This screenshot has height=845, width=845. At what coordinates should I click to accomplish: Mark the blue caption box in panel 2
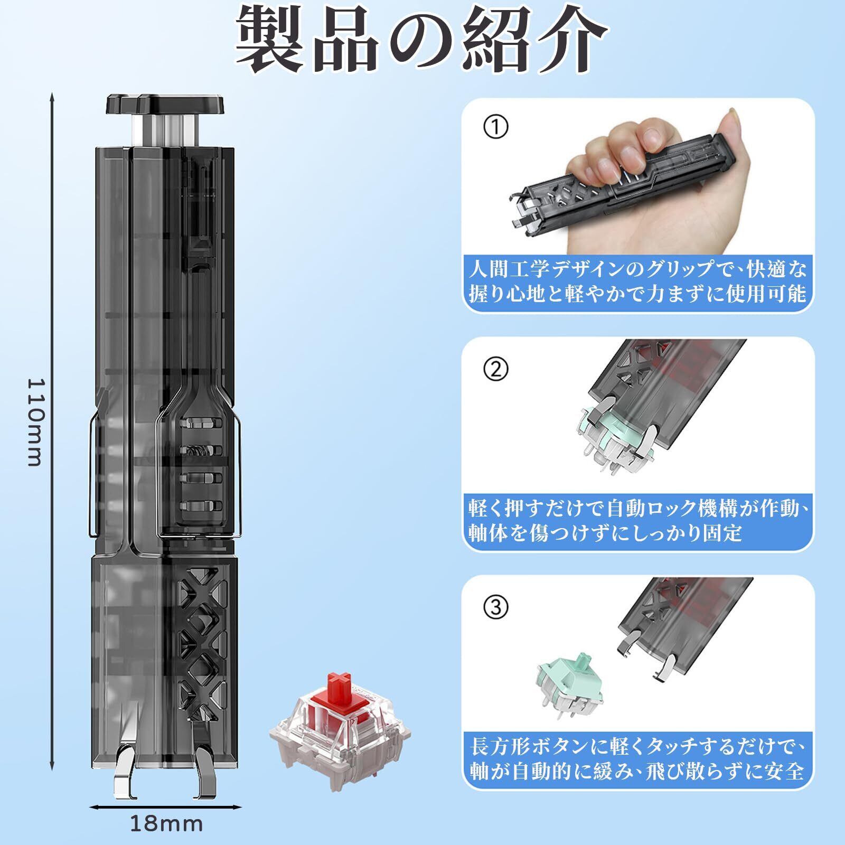(x=637, y=521)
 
